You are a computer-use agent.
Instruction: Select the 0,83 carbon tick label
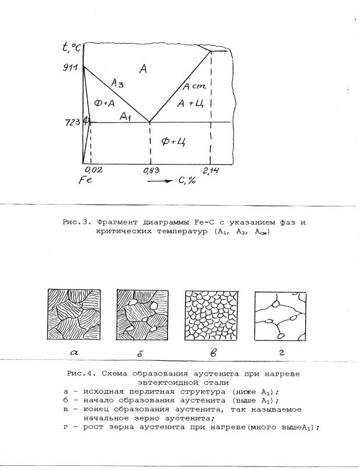[x=151, y=170]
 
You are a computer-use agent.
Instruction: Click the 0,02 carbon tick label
[x=93, y=170]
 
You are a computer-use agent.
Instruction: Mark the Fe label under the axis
[x=85, y=181]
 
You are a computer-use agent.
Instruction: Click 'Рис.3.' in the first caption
[x=76, y=223]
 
